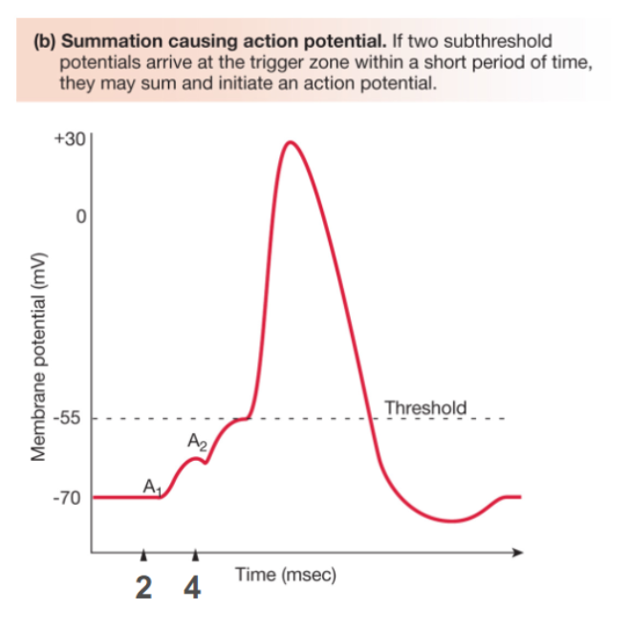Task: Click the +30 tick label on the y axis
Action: click(71, 139)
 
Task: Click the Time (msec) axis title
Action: click(285, 576)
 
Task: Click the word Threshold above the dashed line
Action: click(424, 408)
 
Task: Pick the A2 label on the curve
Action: click(197, 443)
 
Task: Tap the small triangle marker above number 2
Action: click(143, 556)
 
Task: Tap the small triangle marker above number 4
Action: click(195, 556)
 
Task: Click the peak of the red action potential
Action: click(290, 142)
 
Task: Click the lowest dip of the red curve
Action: click(453, 521)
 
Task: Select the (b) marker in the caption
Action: click(45, 43)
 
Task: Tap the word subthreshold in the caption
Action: click(501, 43)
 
